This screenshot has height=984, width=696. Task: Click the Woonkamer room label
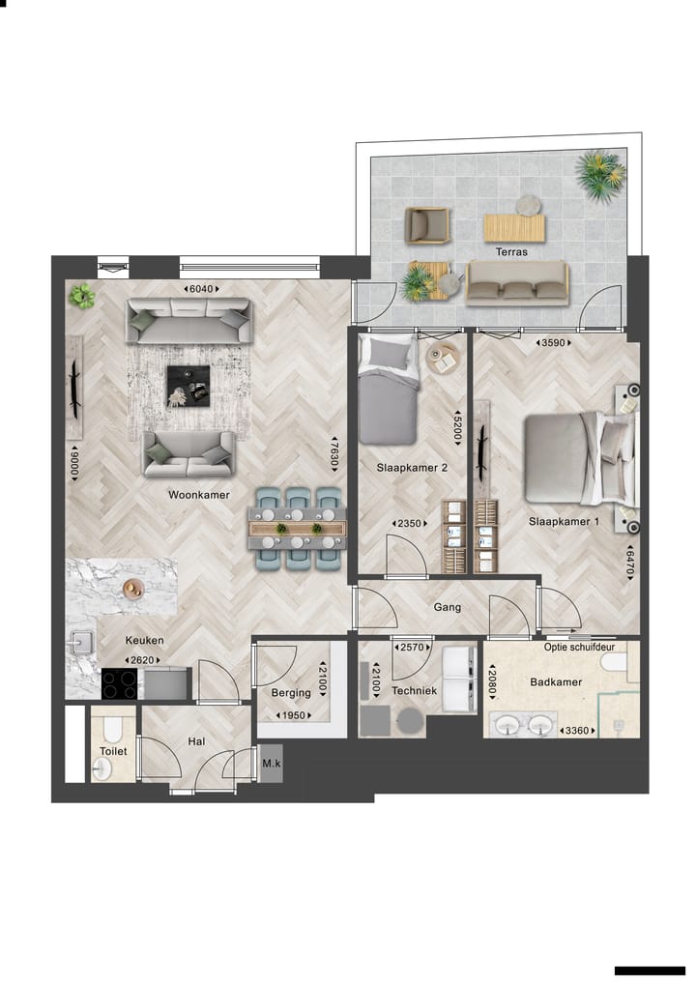tap(198, 494)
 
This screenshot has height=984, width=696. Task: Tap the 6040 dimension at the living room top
tap(203, 289)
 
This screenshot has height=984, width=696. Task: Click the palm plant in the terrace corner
tap(600, 175)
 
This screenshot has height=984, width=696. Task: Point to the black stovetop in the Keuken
tap(120, 683)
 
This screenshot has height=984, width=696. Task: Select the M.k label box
tap(271, 765)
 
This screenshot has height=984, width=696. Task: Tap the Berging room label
tap(291, 692)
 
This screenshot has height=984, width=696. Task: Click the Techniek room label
tap(415, 691)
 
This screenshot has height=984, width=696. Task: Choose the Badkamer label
tap(556, 682)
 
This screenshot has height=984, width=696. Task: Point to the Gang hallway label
tap(448, 608)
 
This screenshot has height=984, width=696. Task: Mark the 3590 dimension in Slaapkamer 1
tap(556, 342)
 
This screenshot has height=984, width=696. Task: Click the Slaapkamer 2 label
tap(412, 468)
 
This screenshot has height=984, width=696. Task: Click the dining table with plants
tap(298, 529)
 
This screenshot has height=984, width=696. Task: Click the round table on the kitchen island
tap(132, 588)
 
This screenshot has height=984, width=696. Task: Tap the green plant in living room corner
tap(83, 296)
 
